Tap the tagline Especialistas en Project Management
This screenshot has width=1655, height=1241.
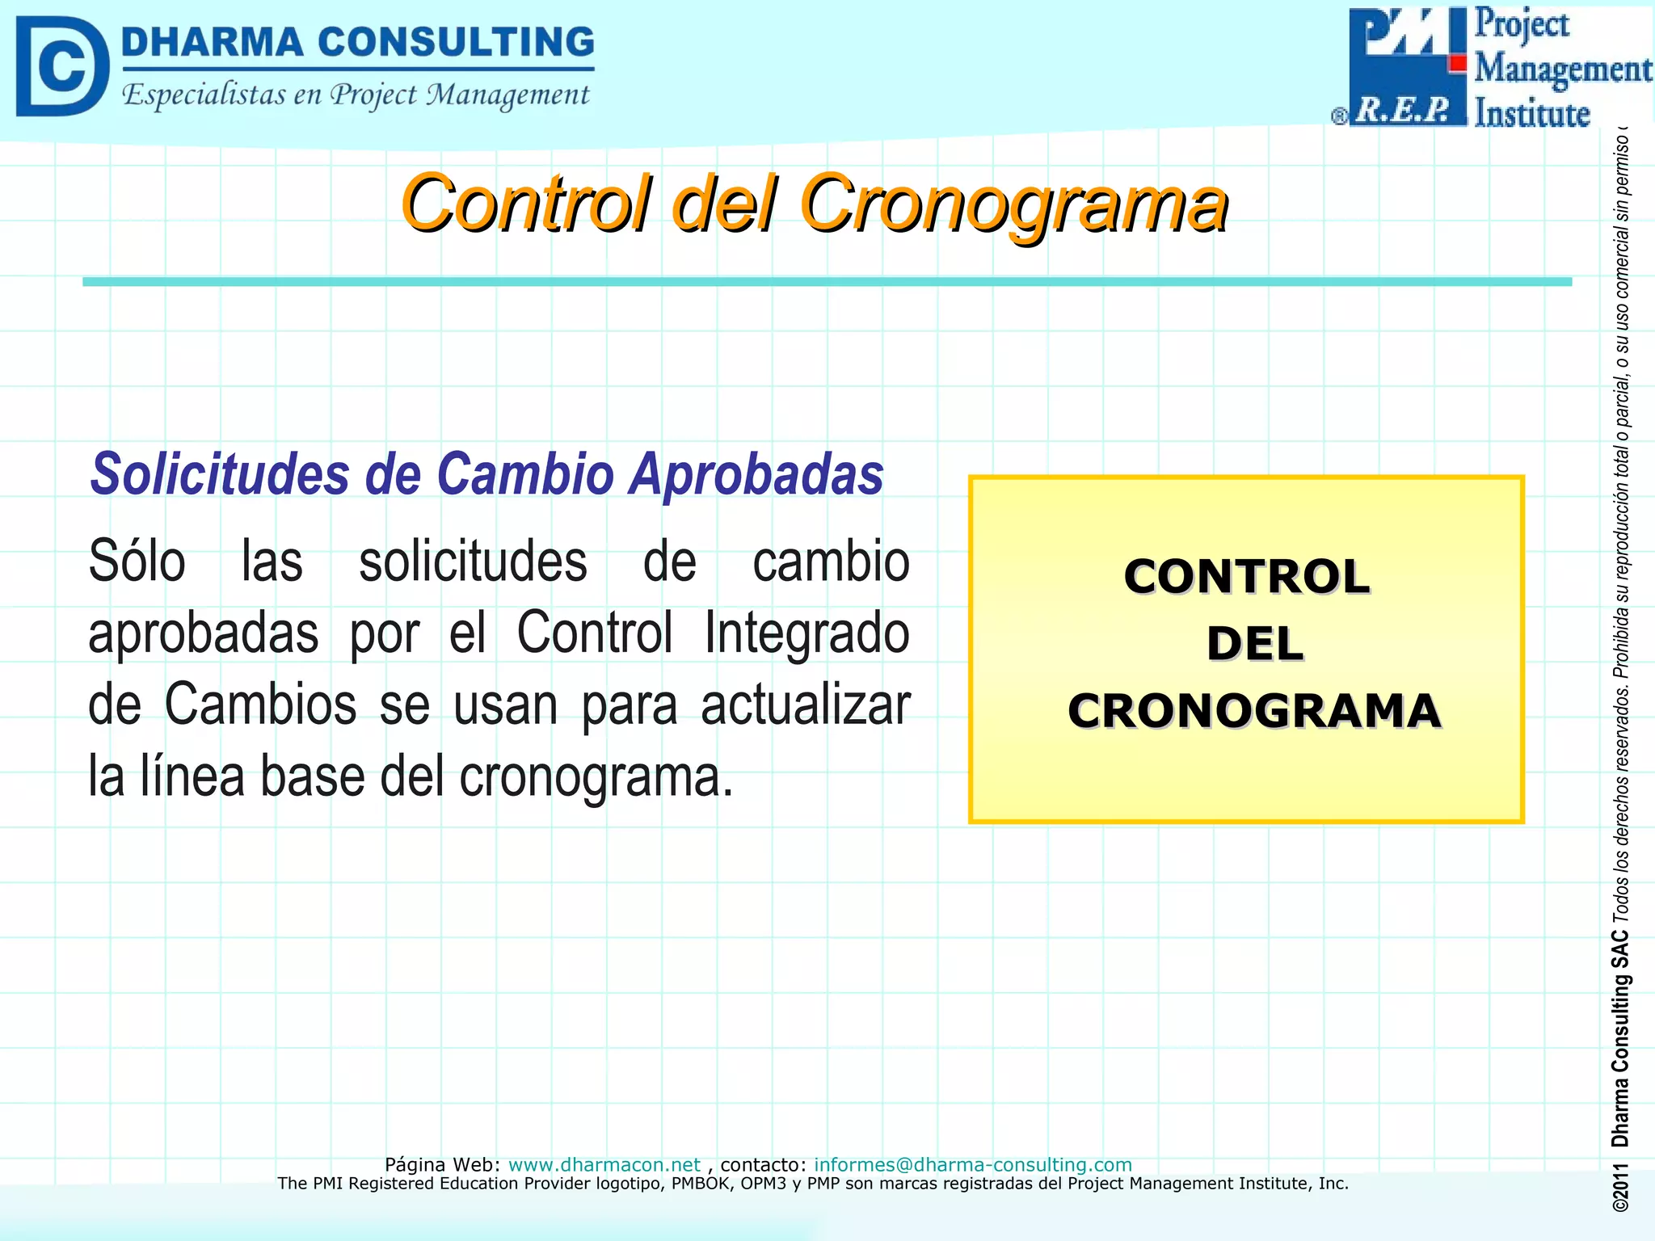tap(356, 95)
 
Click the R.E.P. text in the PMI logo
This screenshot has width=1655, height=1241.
tap(1403, 110)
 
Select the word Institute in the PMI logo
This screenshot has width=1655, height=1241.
tap(1532, 113)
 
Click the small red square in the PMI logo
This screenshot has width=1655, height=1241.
tap(1457, 63)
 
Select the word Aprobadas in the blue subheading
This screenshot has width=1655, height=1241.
tap(757, 474)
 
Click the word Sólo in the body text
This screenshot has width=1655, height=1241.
tap(137, 562)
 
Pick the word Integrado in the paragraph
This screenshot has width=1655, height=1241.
tap(806, 633)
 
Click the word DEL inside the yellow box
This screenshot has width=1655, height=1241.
tap(1254, 644)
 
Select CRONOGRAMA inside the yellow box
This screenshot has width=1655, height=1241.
tap(1254, 711)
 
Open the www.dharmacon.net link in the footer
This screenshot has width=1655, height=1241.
tap(604, 1164)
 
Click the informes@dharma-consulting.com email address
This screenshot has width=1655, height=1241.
tap(972, 1164)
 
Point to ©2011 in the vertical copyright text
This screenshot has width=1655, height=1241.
tap(1619, 1187)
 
